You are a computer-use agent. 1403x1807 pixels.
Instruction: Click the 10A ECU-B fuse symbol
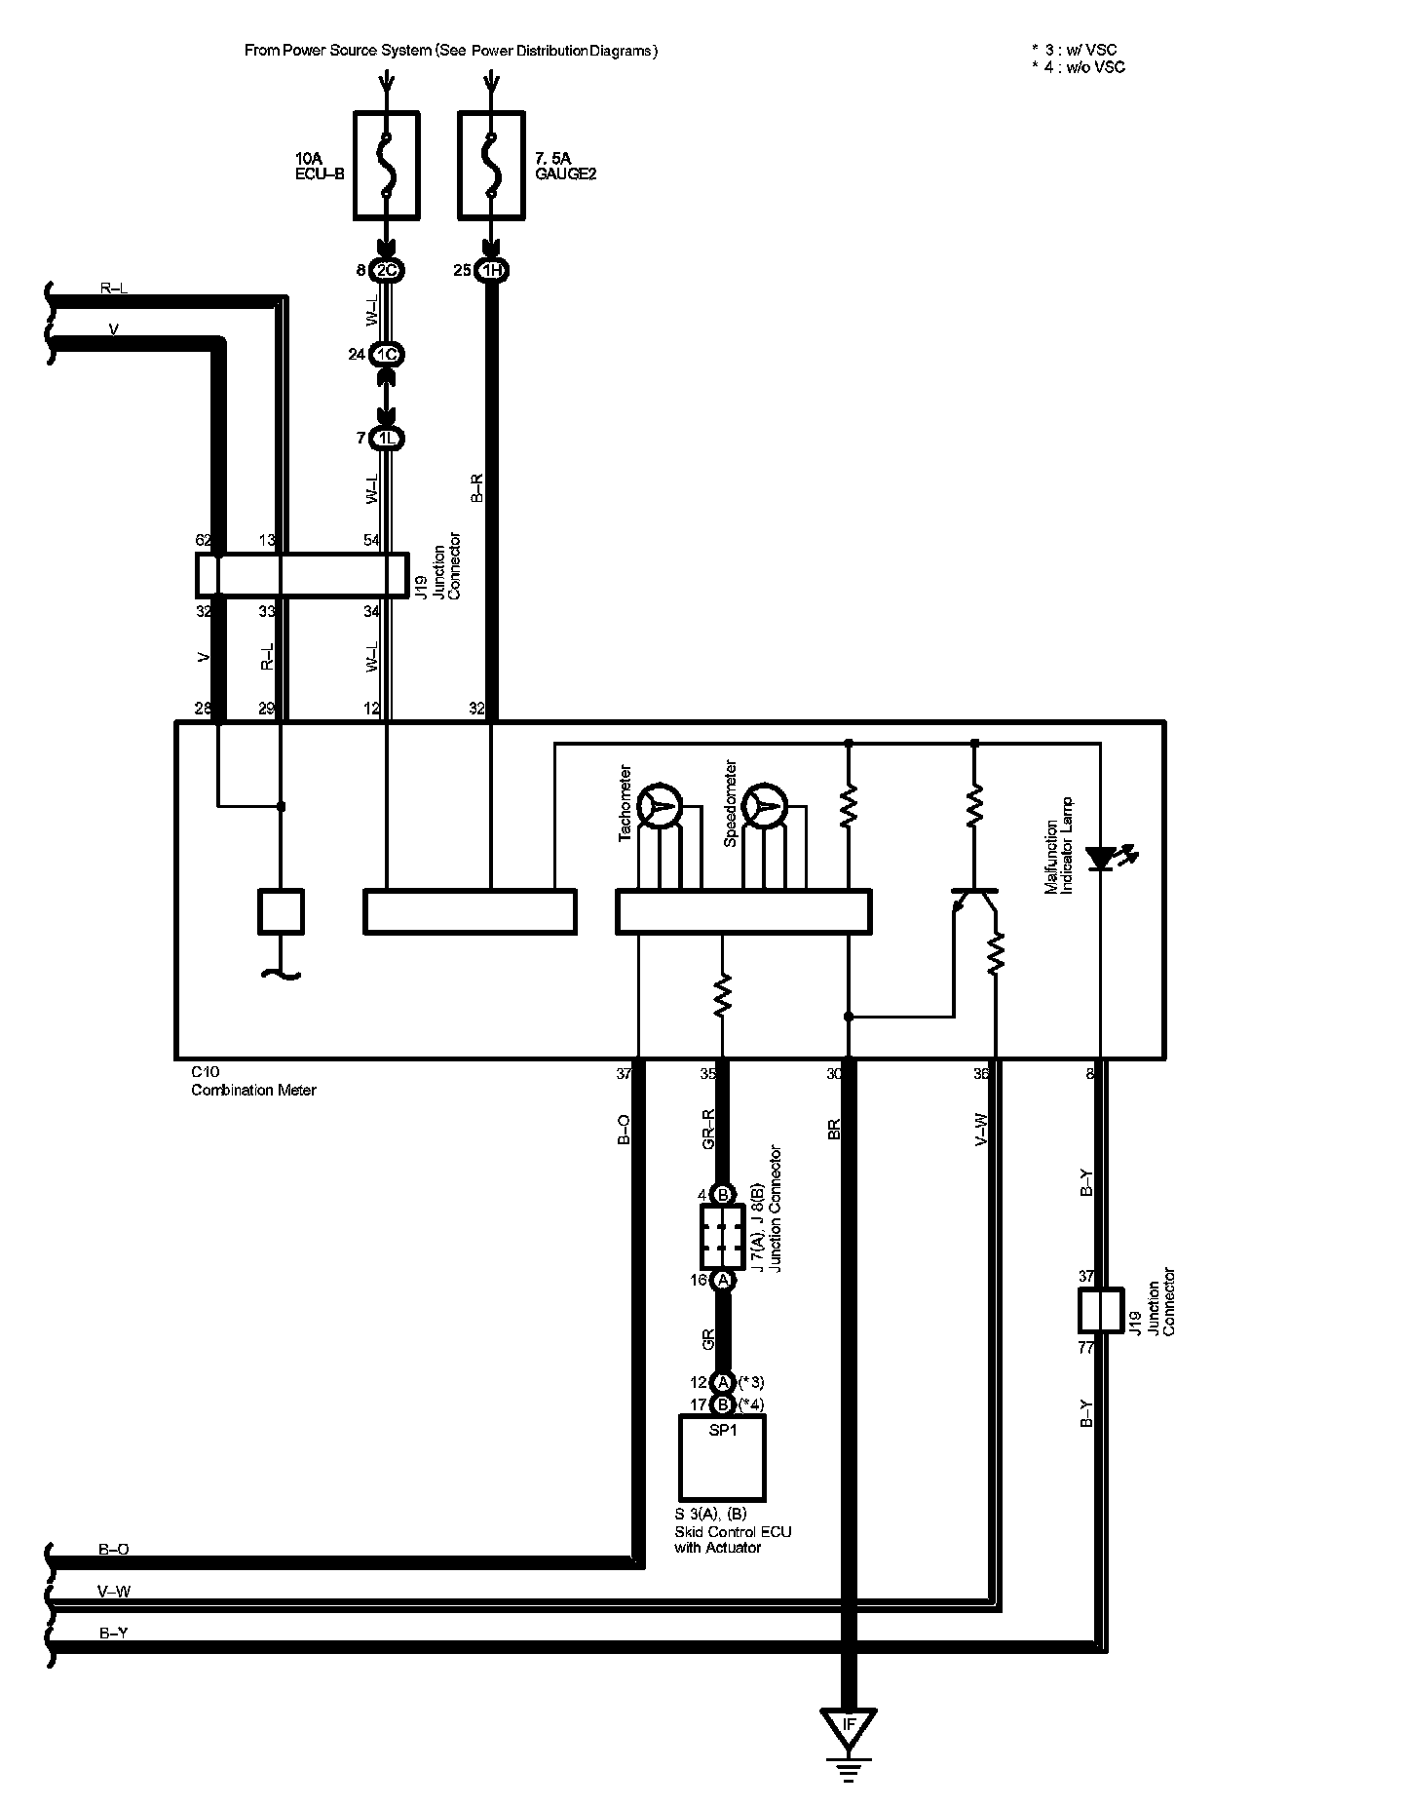point(386,164)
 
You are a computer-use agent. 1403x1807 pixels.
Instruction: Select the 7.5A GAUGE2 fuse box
point(493,164)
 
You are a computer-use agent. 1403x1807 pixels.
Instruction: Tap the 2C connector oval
point(387,271)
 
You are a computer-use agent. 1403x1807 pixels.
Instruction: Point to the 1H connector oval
point(492,271)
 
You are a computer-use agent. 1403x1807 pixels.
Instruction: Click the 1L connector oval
point(387,439)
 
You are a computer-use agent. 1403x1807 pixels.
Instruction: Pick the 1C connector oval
point(387,354)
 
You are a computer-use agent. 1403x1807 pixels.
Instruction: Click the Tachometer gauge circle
point(659,806)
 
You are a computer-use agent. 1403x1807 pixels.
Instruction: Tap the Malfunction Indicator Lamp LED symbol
point(1101,858)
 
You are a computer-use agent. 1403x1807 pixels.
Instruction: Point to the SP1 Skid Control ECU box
point(722,1458)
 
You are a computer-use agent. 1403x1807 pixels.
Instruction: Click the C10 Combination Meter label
point(253,1082)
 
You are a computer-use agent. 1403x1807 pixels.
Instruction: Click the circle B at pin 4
point(723,1195)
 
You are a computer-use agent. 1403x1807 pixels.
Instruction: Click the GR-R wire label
point(709,1130)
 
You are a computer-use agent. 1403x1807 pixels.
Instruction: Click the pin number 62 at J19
point(204,540)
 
